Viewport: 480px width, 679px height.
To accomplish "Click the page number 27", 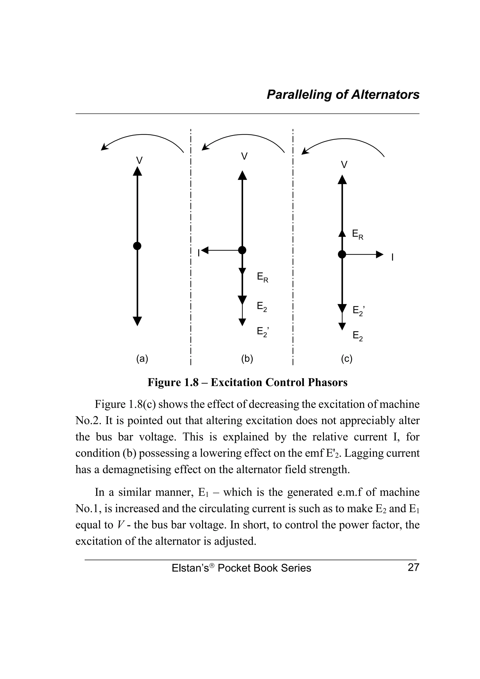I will (413, 567).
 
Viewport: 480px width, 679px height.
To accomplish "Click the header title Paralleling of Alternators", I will (343, 95).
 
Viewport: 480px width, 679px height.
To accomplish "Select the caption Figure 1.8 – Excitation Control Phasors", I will (247, 382).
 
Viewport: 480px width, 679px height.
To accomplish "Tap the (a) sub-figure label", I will (142, 359).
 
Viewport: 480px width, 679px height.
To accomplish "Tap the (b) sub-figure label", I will (247, 359).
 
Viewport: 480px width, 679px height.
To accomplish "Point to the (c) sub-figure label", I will (346, 359).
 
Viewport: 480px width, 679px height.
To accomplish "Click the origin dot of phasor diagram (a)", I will (137, 246).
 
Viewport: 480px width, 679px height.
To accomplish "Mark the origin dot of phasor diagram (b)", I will (242, 250).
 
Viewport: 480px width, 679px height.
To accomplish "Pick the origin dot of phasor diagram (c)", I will (342, 254).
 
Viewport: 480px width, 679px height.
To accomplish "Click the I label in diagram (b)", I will (199, 253).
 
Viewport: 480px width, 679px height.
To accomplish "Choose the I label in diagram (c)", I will (392, 257).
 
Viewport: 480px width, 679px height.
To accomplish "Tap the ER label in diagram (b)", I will (262, 278).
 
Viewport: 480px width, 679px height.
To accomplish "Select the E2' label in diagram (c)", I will (358, 311).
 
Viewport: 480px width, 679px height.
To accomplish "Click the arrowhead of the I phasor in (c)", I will (379, 254).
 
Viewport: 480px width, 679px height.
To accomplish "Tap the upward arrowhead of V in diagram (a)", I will (137, 171).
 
